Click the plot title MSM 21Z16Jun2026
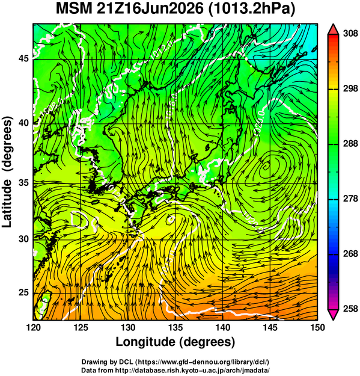(x=129, y=9)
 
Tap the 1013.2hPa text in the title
(x=251, y=10)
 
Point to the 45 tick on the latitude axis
(x=24, y=58)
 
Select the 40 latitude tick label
(x=24, y=123)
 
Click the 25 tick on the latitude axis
(x=24, y=292)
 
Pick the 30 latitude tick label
(x=24, y=239)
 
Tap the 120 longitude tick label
(x=33, y=327)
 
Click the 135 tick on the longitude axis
(x=175, y=327)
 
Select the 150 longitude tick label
(x=317, y=327)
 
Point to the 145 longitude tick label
(x=270, y=327)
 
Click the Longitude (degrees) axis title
(x=175, y=342)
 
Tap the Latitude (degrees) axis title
(x=7, y=172)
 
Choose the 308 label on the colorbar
(x=350, y=34)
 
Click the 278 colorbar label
(x=350, y=199)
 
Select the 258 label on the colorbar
(x=350, y=309)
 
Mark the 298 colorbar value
(x=350, y=88)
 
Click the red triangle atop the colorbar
(x=333, y=30)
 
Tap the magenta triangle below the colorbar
(x=333, y=315)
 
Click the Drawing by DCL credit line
(x=175, y=362)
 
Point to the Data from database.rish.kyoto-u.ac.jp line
(x=175, y=370)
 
